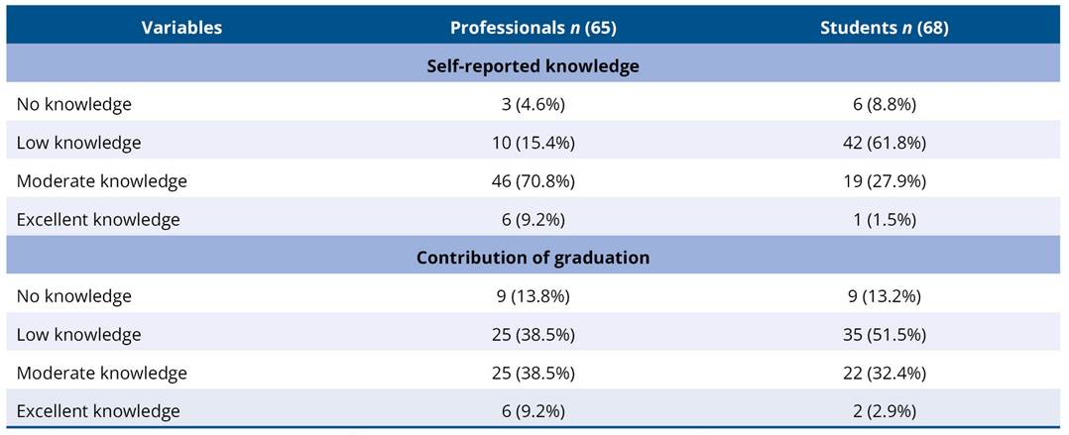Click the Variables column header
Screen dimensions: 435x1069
pos(181,28)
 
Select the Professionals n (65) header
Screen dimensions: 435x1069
pos(533,28)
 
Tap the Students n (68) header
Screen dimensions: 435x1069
pos(884,28)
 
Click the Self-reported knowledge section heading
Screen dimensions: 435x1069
pos(533,66)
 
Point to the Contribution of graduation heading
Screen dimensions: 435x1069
pos(533,258)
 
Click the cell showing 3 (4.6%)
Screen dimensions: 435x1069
pos(533,104)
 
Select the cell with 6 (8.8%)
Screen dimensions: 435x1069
pos(884,104)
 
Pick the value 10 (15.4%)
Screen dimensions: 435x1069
pos(533,143)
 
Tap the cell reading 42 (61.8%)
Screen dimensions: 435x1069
pos(884,143)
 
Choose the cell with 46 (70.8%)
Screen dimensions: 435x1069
pos(533,181)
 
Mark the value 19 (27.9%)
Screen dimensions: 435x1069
pos(884,181)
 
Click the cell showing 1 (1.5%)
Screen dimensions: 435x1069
pos(884,220)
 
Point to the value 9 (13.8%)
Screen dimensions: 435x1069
pos(533,296)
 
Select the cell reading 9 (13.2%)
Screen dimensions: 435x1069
pos(884,296)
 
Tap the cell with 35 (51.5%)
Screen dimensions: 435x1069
pos(884,335)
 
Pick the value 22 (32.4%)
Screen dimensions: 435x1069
pos(884,374)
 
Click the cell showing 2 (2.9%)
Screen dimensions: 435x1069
pos(884,411)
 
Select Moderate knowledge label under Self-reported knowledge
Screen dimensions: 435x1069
pos(101,181)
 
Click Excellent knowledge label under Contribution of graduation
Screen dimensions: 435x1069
pos(98,411)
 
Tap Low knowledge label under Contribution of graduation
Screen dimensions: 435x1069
pos(78,335)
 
